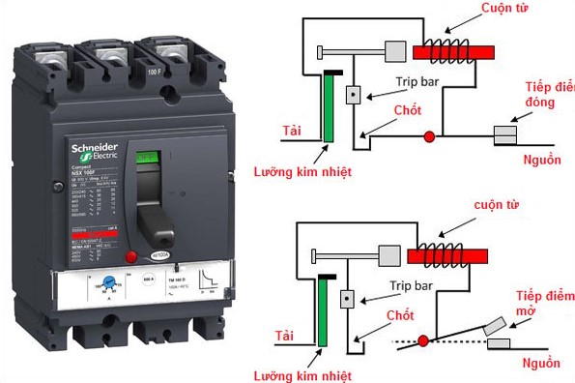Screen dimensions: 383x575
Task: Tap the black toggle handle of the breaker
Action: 148,208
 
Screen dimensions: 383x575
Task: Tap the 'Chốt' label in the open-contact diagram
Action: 400,316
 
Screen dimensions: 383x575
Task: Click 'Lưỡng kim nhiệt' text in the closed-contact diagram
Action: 302,172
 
